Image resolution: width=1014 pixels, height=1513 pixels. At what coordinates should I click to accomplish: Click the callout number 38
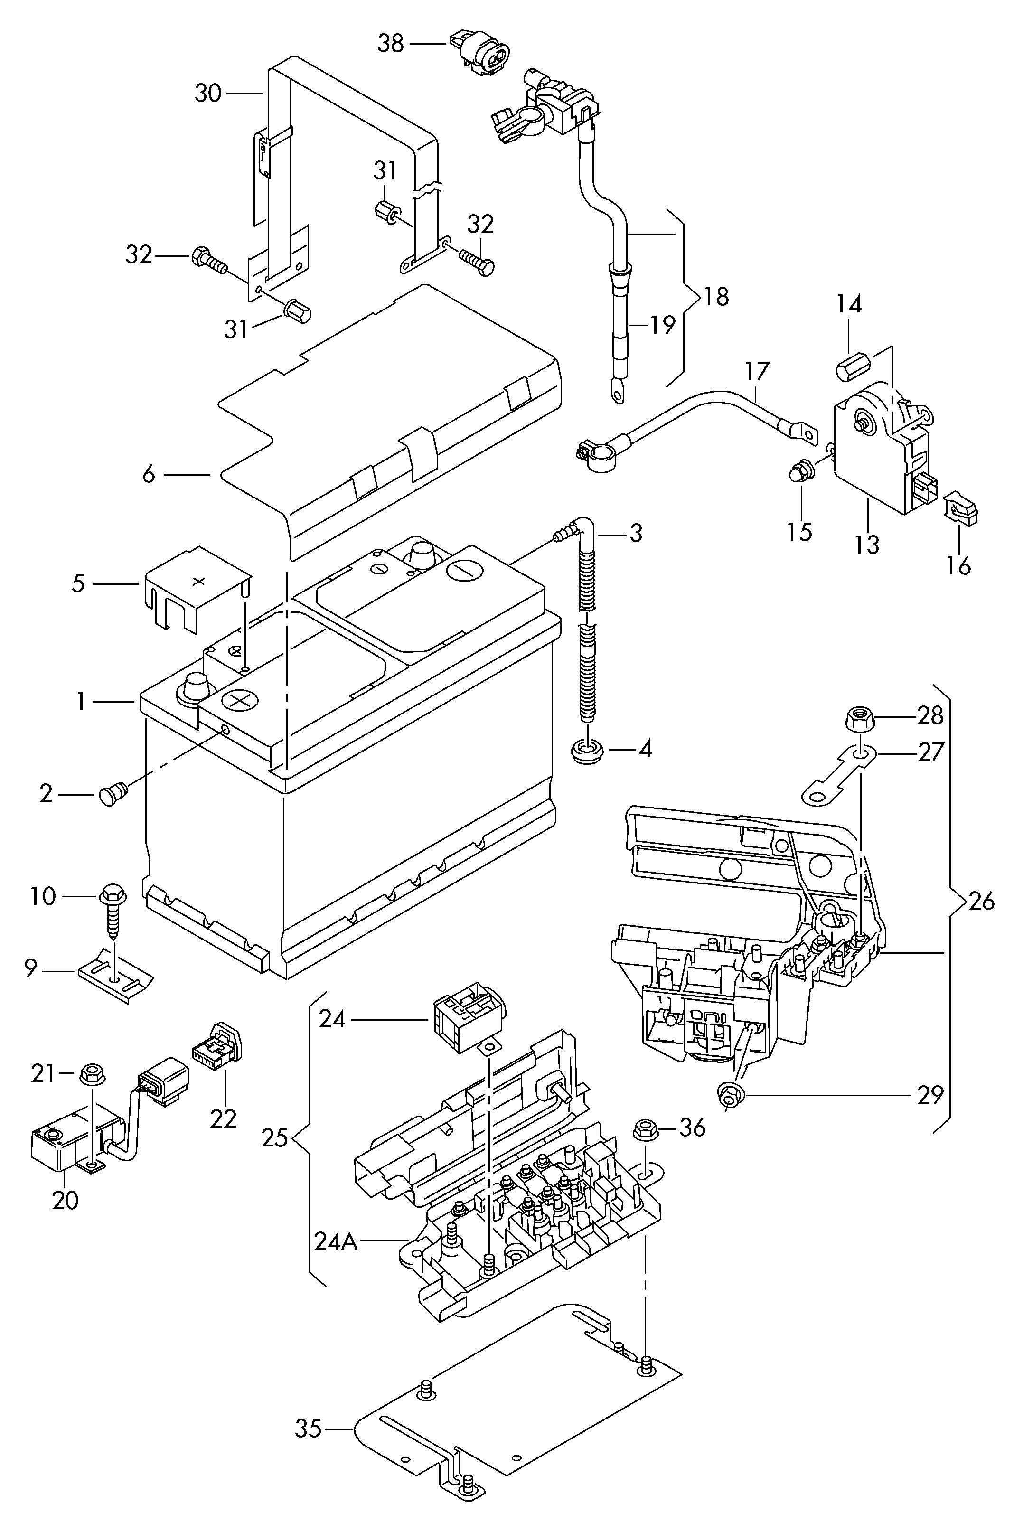click(x=391, y=44)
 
